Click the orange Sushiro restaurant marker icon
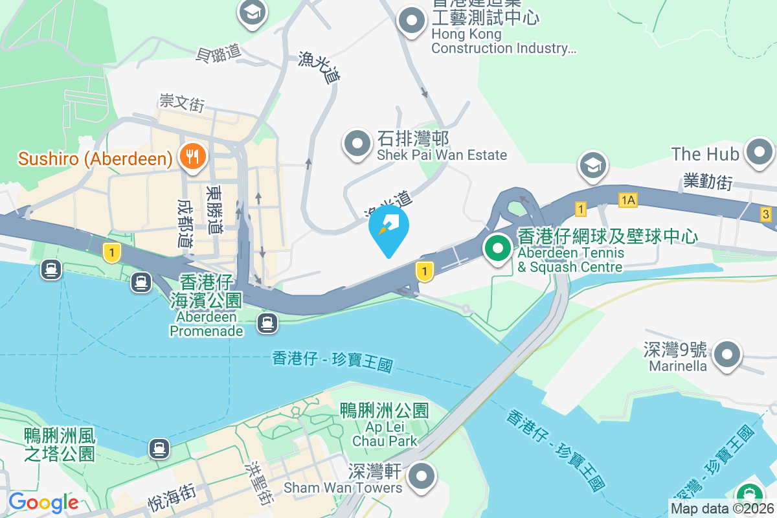[192, 156]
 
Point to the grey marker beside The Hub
[758, 153]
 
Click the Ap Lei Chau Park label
[385, 425]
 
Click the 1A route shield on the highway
[627, 199]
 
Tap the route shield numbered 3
[766, 214]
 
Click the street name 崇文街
[182, 102]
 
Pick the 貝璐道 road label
[218, 53]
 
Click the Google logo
[43, 502]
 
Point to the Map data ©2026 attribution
[722, 508]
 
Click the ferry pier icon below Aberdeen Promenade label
[267, 322]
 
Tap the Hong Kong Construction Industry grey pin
[412, 21]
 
